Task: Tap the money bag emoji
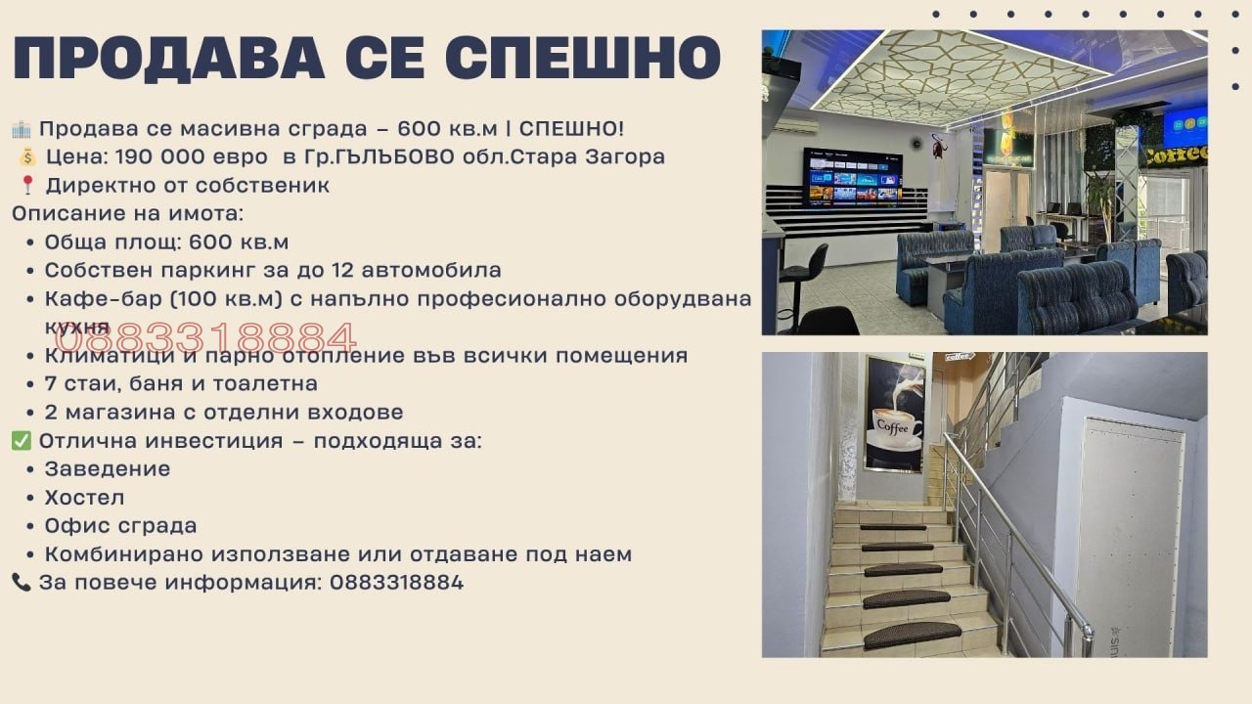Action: point(26,157)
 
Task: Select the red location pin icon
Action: point(26,186)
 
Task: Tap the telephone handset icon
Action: point(21,583)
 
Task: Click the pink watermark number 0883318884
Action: point(205,338)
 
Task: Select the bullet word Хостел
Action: point(84,498)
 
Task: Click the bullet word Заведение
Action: point(108,469)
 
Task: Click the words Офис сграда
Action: point(120,526)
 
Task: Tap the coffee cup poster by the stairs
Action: point(894,414)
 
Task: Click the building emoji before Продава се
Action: point(21,129)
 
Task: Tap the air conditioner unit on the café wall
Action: point(796,126)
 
